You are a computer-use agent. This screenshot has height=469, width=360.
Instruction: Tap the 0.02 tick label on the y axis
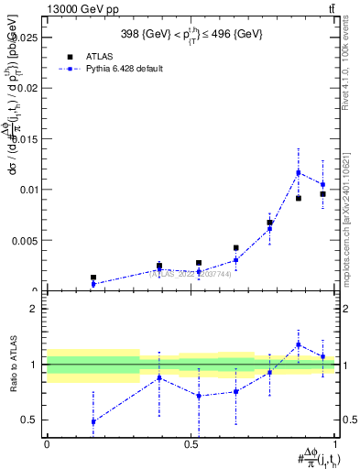(x=29, y=89)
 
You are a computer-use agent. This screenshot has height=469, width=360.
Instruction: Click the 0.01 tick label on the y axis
(x=29, y=190)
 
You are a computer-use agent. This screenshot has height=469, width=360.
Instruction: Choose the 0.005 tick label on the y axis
(x=27, y=241)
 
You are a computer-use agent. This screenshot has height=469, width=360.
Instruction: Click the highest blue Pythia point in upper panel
(x=299, y=172)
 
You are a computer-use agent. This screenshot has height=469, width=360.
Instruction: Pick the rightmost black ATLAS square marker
(x=322, y=194)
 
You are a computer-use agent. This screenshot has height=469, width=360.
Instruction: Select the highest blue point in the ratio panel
(x=299, y=344)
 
